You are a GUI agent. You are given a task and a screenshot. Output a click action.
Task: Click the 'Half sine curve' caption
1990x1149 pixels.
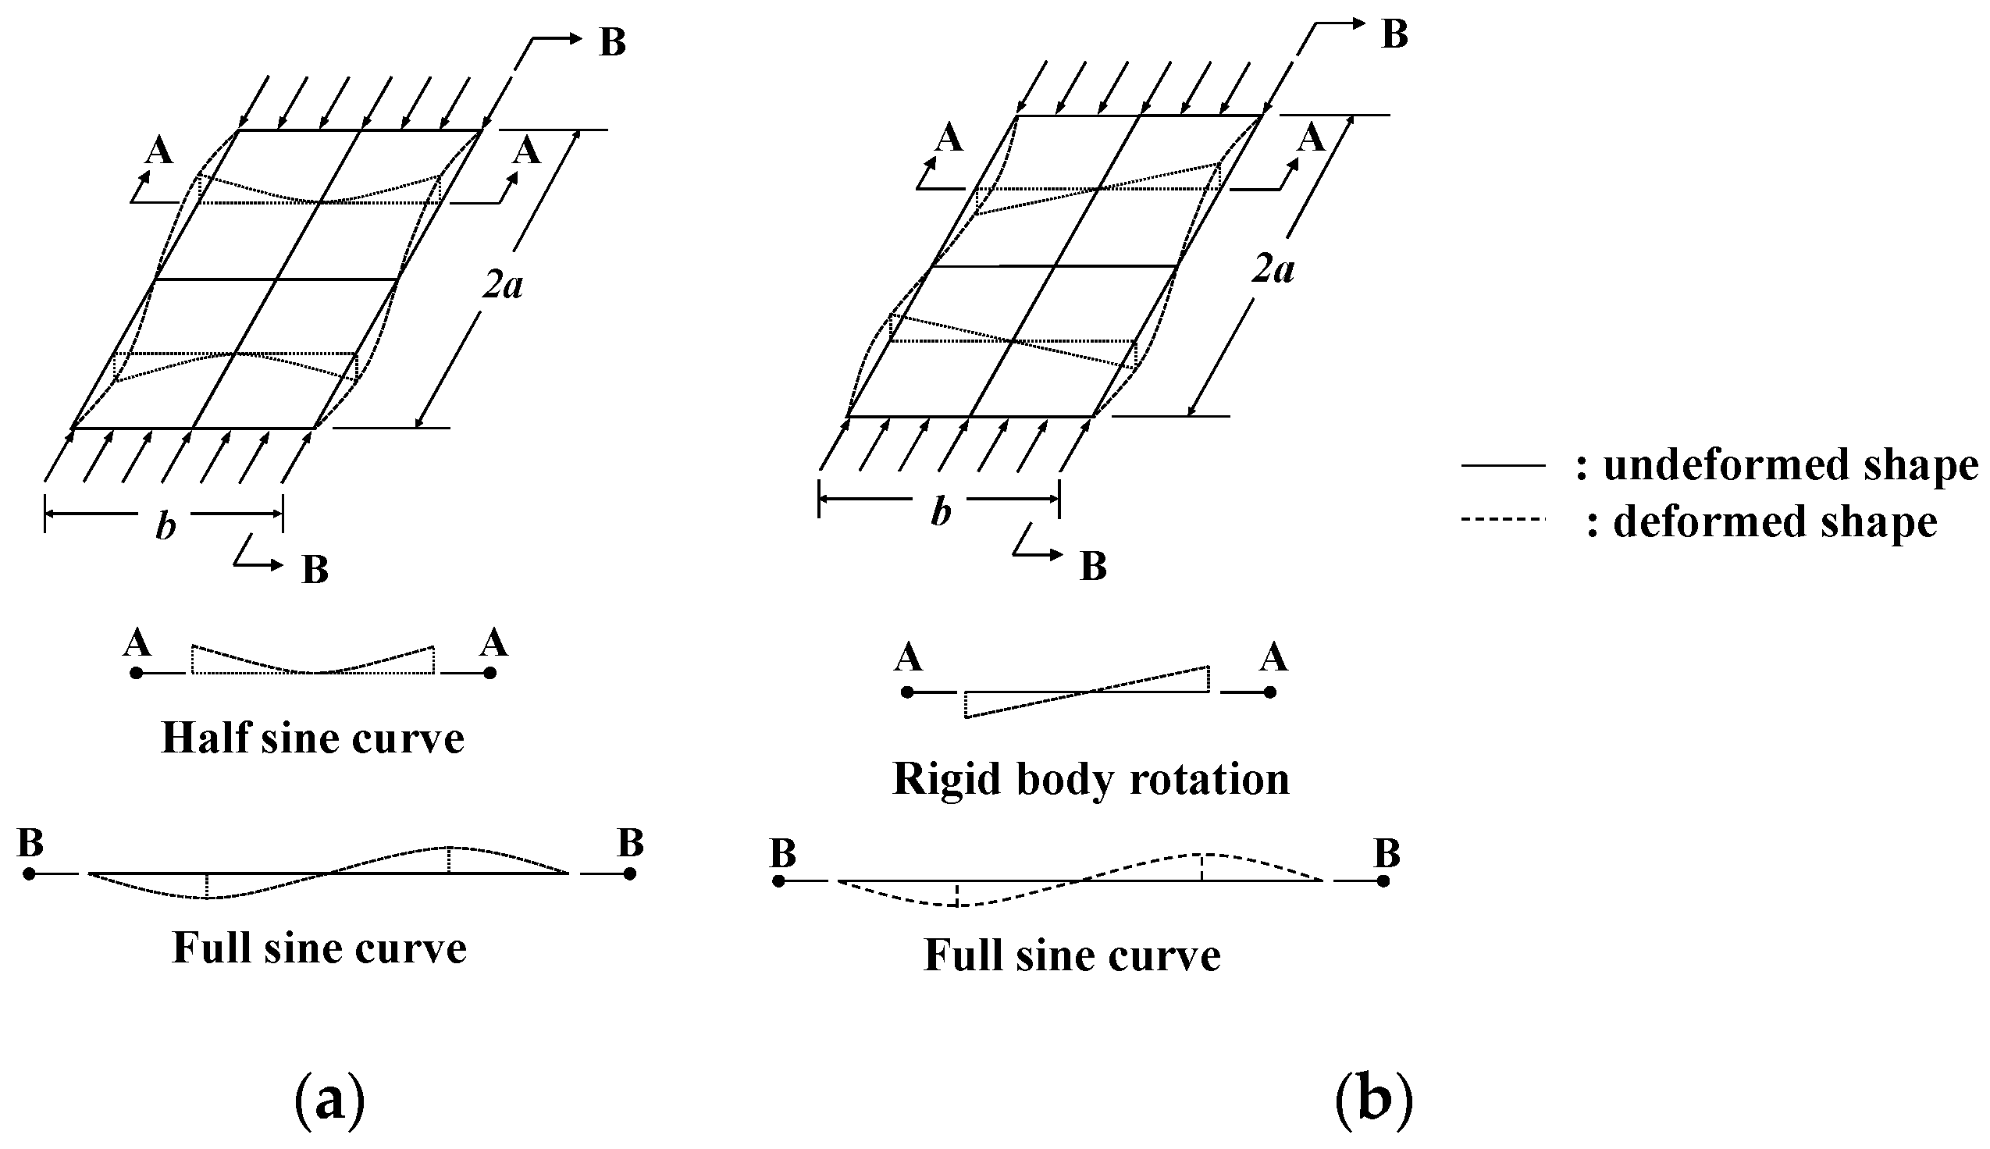tap(312, 738)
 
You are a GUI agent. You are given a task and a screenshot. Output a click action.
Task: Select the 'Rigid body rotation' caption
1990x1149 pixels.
tap(1091, 780)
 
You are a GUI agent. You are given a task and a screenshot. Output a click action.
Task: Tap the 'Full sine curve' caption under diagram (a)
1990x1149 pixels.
tap(319, 948)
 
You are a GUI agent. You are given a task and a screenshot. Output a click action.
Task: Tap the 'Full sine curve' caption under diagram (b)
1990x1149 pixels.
tap(1072, 955)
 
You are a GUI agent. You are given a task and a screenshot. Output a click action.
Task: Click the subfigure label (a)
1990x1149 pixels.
tap(329, 1099)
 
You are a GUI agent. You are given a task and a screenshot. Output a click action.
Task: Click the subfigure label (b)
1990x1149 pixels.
tap(1373, 1099)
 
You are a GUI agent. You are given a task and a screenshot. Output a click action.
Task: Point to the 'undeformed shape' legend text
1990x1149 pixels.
tap(1789, 465)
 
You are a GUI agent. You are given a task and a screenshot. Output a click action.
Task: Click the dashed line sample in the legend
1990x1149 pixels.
tap(1501, 519)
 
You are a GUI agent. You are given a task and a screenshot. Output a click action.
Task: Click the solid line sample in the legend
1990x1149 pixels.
tap(1502, 465)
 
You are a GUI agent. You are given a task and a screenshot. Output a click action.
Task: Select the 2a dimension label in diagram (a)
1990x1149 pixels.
tap(503, 285)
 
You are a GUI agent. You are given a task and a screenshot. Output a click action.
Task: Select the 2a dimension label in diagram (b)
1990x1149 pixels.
tap(1273, 271)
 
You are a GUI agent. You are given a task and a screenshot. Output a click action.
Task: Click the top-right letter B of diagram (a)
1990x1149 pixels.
tap(612, 42)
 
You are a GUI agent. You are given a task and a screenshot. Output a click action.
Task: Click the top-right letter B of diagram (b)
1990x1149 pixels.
tap(1394, 34)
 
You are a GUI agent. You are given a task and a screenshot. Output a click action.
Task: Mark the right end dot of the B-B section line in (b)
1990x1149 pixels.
tap(1383, 881)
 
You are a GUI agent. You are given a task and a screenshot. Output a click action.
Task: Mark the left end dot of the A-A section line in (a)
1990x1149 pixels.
tap(137, 673)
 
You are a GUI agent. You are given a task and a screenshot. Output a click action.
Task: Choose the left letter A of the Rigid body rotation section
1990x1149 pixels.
tap(908, 657)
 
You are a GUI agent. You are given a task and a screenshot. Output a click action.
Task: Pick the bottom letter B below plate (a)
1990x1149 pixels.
tap(315, 569)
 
